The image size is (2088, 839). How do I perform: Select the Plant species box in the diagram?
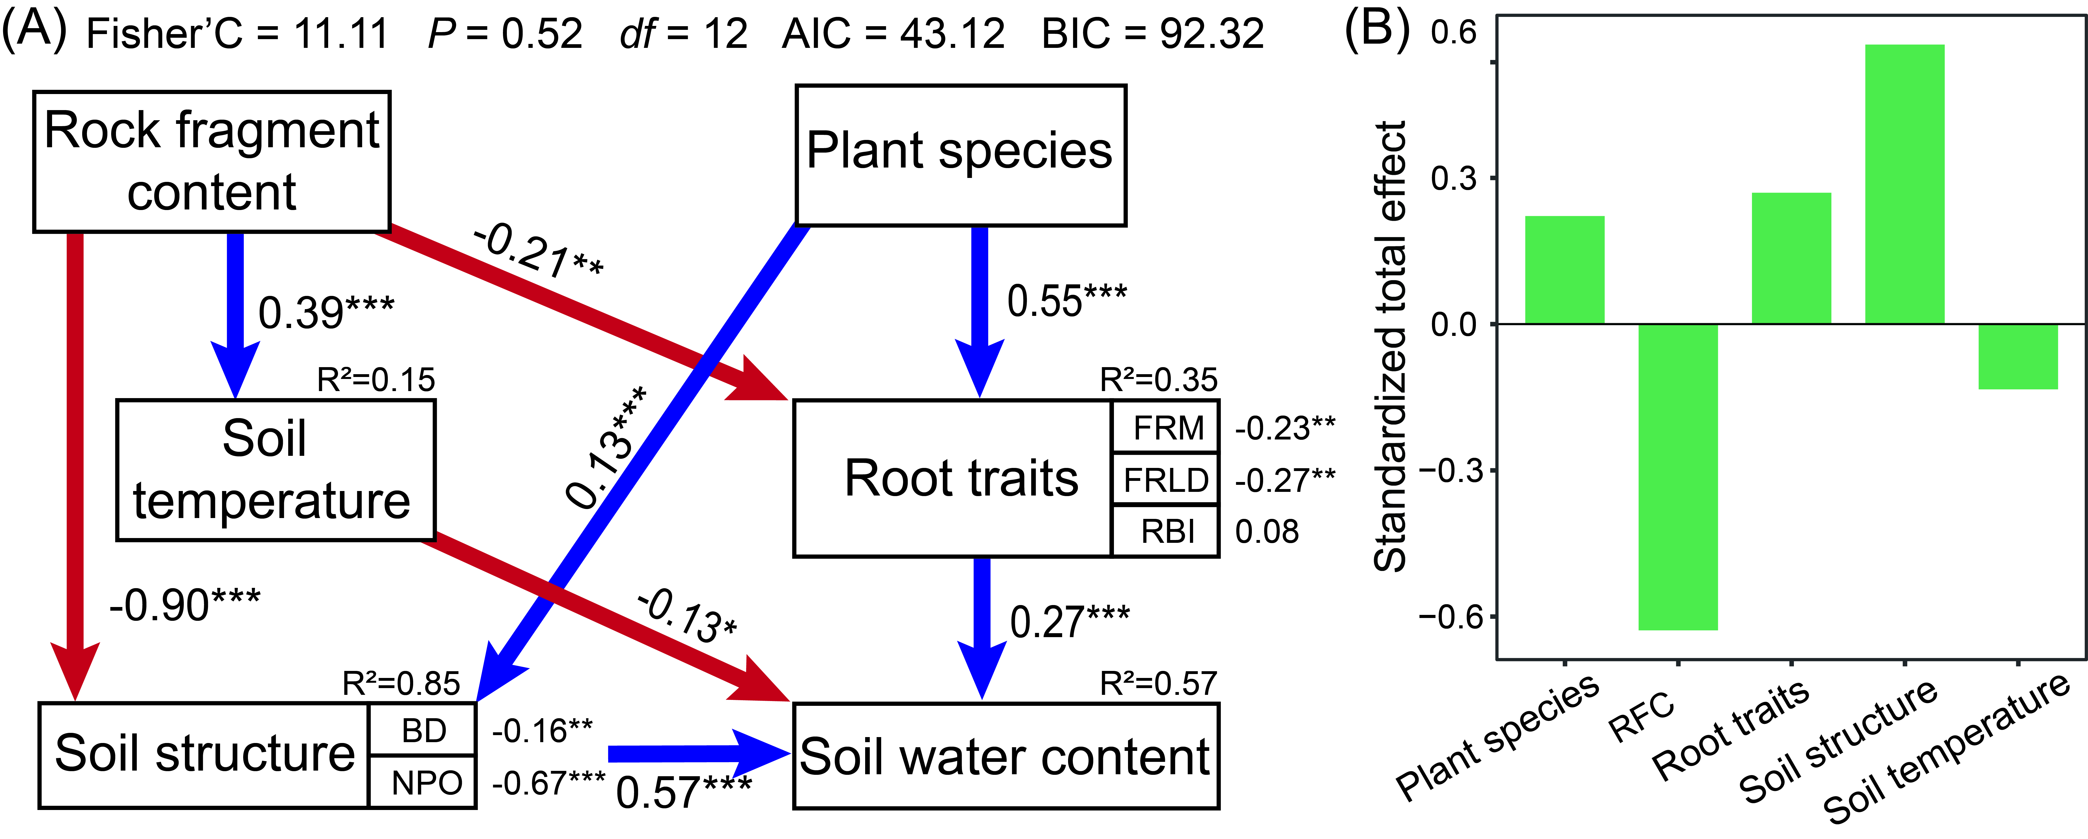(x=961, y=154)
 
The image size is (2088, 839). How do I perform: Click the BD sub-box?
(x=423, y=730)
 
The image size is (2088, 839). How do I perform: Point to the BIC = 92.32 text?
(x=1152, y=34)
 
